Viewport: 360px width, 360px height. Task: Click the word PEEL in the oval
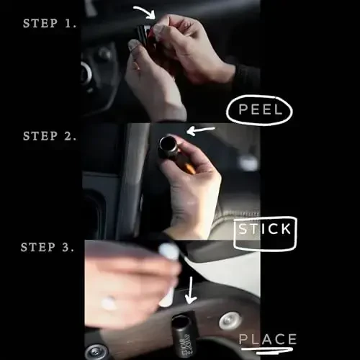click(x=259, y=111)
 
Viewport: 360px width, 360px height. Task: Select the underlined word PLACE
click(x=267, y=339)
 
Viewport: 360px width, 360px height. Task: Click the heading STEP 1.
click(x=50, y=23)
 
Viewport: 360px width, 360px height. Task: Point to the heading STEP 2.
click(x=50, y=135)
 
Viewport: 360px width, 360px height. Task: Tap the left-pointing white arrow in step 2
click(x=201, y=130)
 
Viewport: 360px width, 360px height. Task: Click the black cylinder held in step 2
click(x=168, y=146)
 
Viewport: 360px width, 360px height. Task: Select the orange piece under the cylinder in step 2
click(x=189, y=168)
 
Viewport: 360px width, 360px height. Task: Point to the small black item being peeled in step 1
click(x=144, y=35)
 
